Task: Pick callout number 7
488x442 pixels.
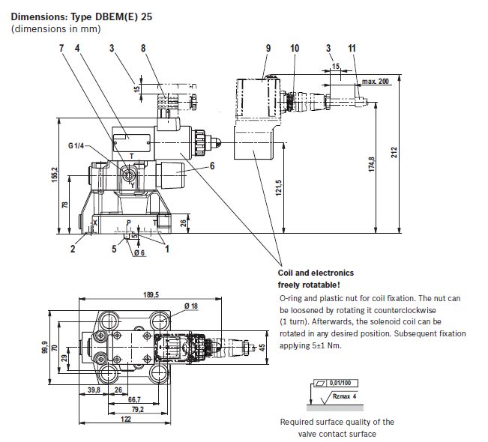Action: coord(61,48)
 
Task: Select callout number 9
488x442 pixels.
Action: coord(268,48)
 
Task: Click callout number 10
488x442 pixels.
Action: coord(295,48)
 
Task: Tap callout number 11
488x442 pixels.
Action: coord(352,48)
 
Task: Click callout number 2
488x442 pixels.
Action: coord(73,249)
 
